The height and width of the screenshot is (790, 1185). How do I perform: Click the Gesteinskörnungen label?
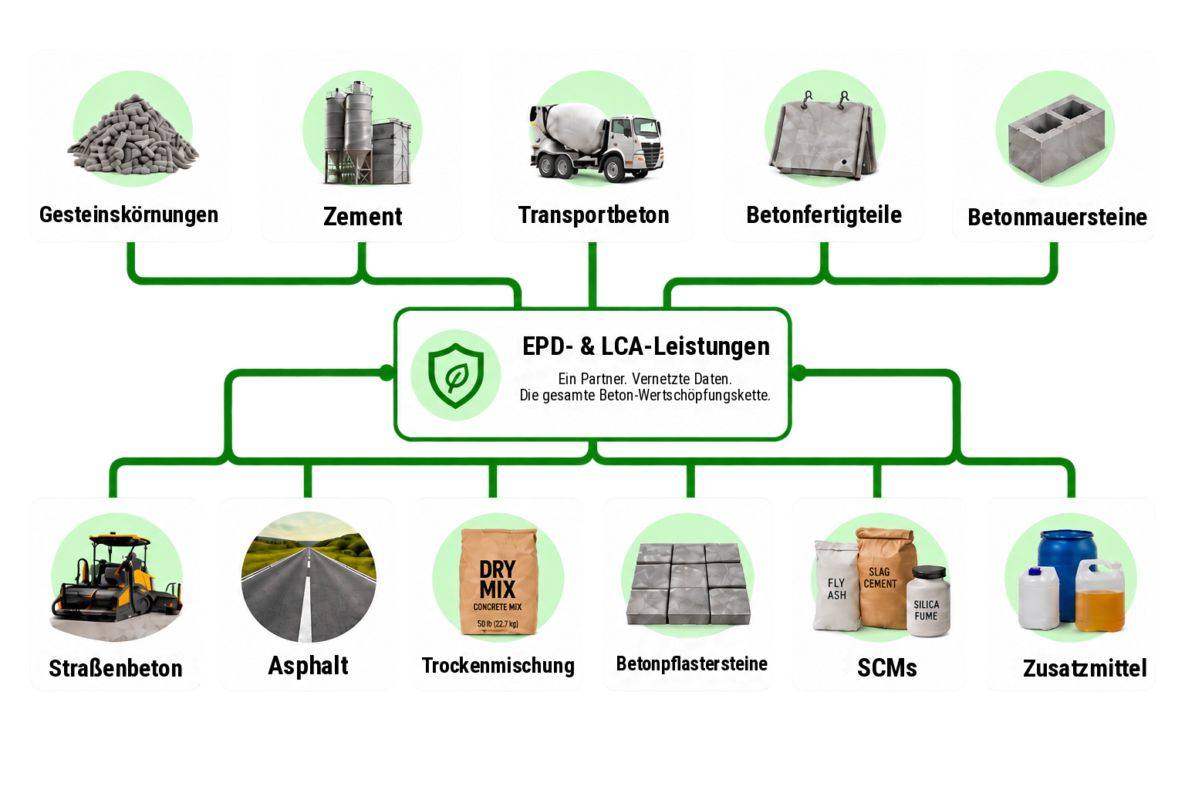click(129, 214)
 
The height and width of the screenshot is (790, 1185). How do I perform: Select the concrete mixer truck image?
click(596, 142)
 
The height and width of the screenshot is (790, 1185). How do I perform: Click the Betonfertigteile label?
click(824, 214)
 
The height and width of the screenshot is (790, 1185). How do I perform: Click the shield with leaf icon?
click(455, 375)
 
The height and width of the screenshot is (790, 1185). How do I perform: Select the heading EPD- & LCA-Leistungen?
click(646, 346)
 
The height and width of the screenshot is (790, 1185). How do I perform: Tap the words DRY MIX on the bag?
click(498, 579)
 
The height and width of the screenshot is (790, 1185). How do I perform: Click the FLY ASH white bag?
click(836, 586)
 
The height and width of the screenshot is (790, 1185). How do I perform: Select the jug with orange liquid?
click(1100, 596)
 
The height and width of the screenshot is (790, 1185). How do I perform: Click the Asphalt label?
click(308, 666)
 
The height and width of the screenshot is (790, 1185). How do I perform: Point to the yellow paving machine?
click(116, 579)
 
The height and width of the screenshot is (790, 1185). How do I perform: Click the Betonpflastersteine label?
click(691, 664)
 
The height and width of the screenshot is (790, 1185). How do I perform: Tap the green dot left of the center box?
click(387, 373)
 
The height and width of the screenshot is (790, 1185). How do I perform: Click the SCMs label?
click(886, 668)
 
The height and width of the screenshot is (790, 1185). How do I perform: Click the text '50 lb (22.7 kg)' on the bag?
click(498, 624)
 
